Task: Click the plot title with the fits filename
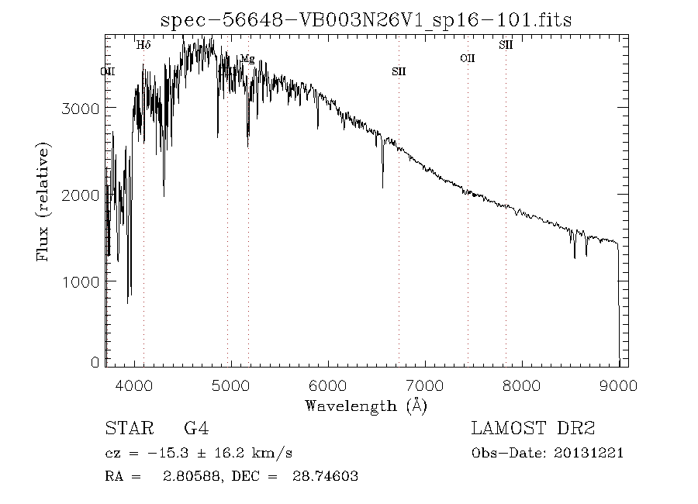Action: [365, 19]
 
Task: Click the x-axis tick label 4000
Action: [135, 385]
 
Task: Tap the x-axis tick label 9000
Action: [618, 385]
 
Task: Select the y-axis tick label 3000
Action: [80, 108]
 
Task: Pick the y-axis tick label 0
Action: [95, 362]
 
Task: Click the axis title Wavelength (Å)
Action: [366, 405]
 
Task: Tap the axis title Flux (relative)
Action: [43, 201]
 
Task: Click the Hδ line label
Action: [143, 45]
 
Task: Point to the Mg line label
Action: [247, 59]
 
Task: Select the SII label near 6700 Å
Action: [399, 71]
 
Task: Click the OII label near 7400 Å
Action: [467, 58]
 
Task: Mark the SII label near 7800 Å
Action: [506, 45]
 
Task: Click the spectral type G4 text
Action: [195, 428]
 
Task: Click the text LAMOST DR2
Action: [533, 428]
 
